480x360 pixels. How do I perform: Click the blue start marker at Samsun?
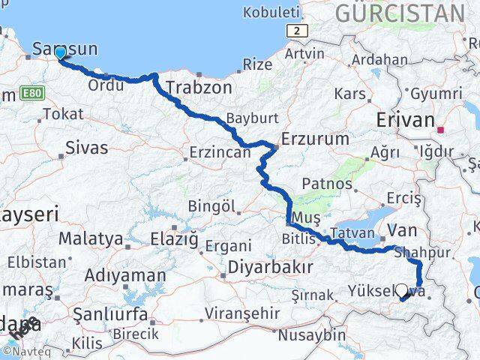tap(60, 52)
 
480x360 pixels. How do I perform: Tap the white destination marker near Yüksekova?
tap(401, 291)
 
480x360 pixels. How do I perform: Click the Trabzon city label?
tap(199, 87)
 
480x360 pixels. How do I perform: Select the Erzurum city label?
tap(315, 139)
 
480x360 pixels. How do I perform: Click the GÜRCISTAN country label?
tap(400, 13)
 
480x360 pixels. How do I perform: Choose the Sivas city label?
tap(87, 147)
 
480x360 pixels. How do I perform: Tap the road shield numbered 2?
tap(298, 30)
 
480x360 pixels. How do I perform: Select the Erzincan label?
tap(220, 152)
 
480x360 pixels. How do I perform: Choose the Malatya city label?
tap(91, 238)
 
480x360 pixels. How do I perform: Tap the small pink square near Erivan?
tap(441, 130)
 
